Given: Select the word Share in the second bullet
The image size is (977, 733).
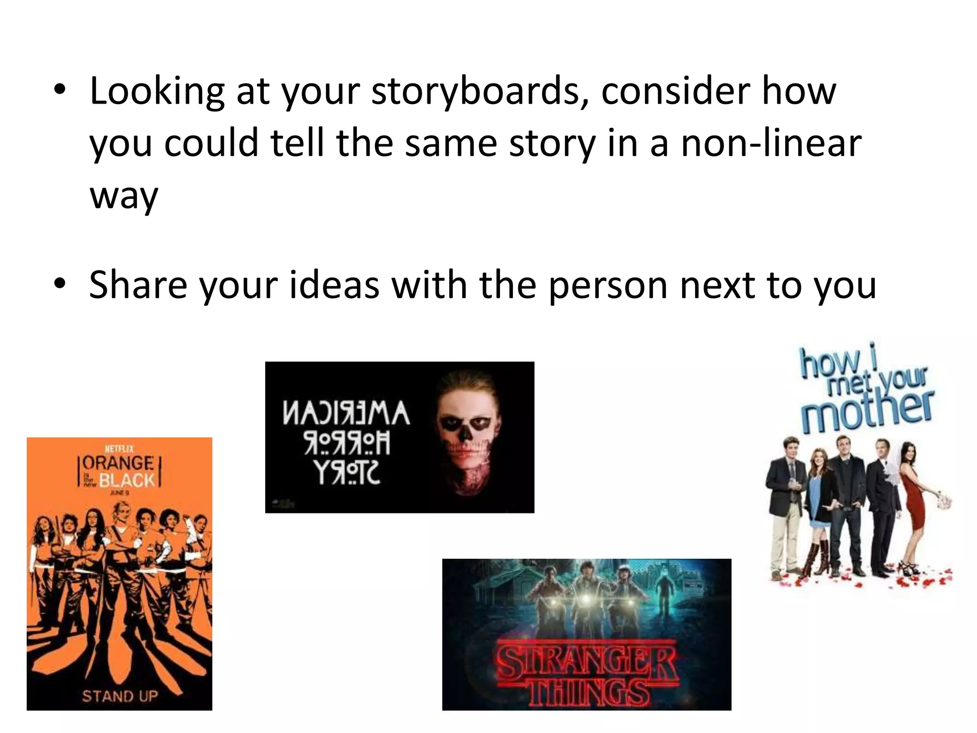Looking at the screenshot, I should (138, 285).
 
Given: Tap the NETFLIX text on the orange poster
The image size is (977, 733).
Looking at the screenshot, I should (119, 449).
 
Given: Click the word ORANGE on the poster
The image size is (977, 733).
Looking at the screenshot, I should (118, 463).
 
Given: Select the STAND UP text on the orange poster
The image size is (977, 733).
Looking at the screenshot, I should (120, 696).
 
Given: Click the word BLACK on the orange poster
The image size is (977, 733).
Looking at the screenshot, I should (127, 480).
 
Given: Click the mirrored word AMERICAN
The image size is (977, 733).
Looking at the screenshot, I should (346, 413).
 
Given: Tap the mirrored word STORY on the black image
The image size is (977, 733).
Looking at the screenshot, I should (346, 474).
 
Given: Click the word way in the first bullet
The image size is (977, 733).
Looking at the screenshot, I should (124, 196).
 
